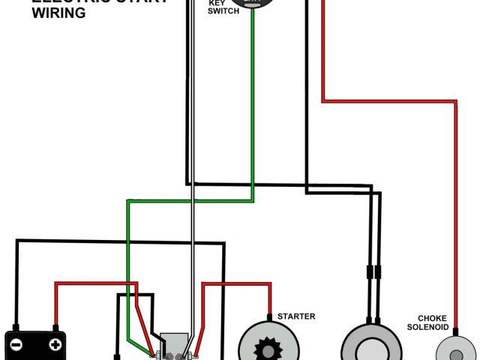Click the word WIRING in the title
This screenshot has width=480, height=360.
point(58,13)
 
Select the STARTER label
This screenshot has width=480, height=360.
point(296,316)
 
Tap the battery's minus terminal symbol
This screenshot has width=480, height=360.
point(17,345)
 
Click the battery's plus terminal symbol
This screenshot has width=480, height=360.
point(55,345)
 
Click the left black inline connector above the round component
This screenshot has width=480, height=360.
point(369,273)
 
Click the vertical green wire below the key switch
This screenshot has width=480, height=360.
point(253,112)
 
